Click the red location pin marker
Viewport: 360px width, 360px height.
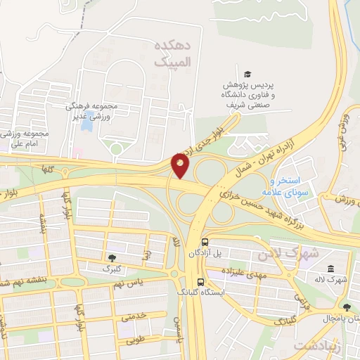coord(181,165)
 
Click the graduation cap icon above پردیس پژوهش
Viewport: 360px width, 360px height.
coord(247,75)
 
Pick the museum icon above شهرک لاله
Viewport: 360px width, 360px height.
coord(330,269)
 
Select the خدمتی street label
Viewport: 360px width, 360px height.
coord(133,316)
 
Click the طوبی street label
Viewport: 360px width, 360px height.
coord(133,342)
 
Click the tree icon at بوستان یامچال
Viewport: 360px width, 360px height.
coord(346,307)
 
